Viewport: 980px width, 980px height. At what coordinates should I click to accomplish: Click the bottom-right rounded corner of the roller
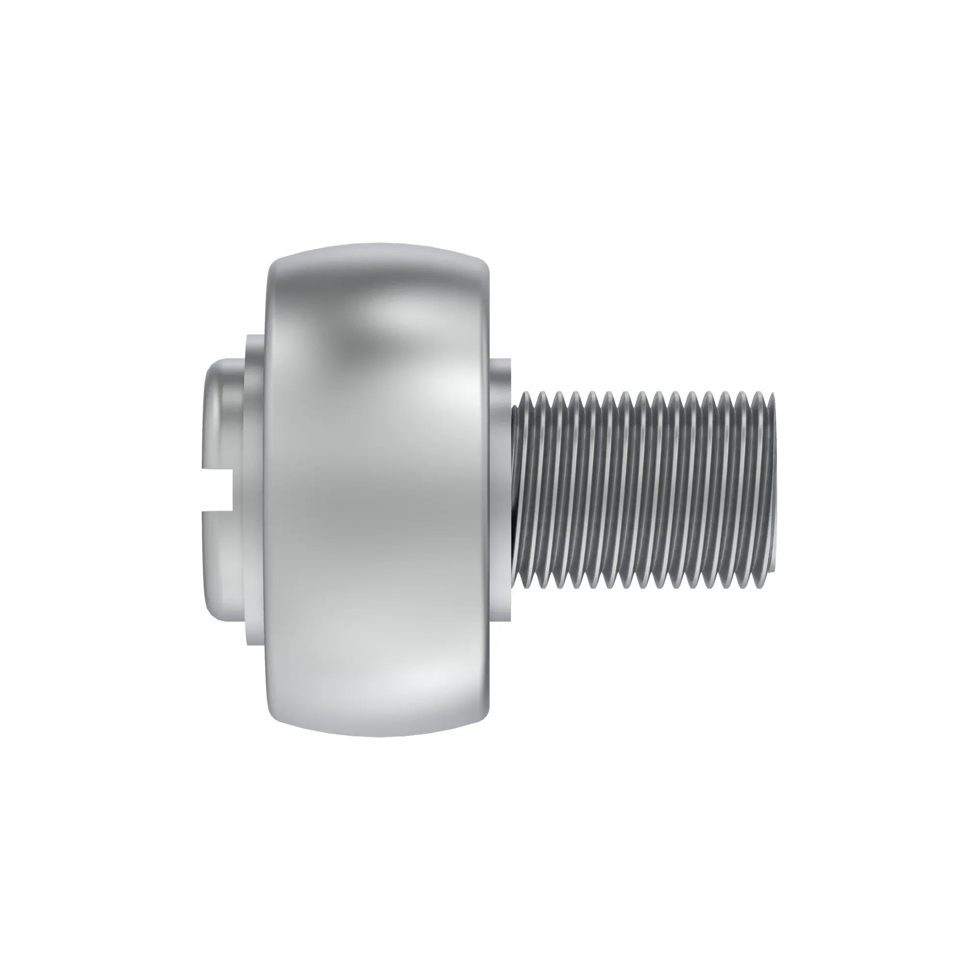click(482, 715)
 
